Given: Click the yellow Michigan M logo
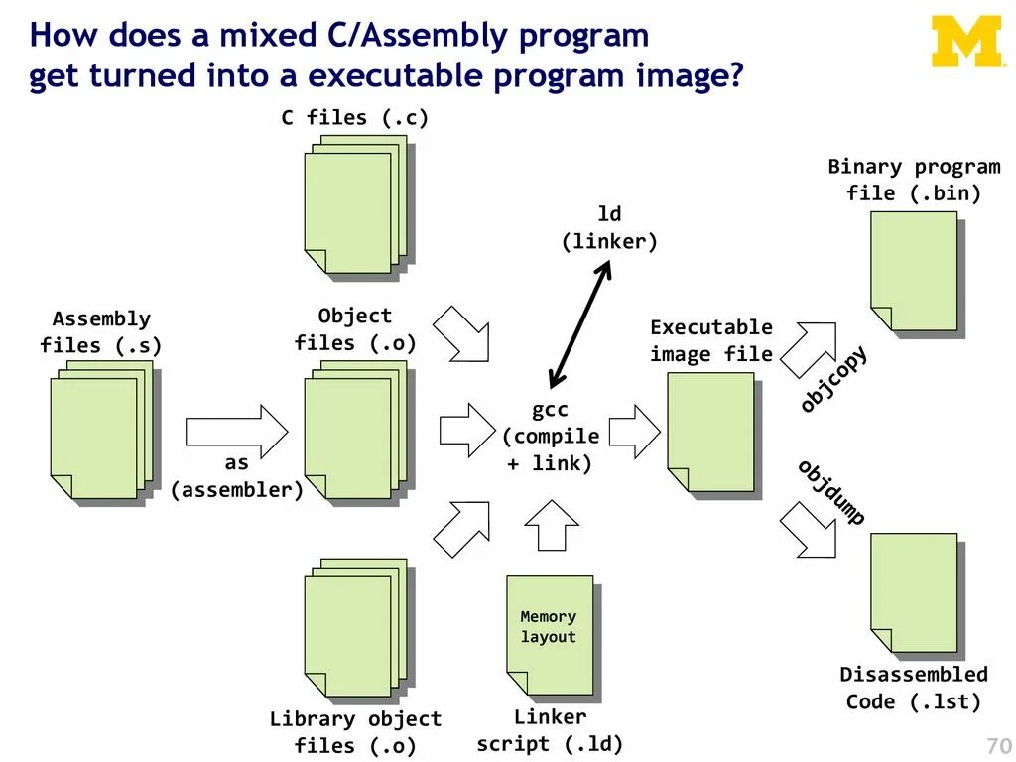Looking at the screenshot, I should point(967,42).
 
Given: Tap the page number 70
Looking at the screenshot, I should point(997,746).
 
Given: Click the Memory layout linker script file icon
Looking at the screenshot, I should point(549,634).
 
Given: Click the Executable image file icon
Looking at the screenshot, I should point(710,433).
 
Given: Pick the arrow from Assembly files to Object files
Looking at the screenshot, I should point(236,431).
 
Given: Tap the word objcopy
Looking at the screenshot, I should point(833,378).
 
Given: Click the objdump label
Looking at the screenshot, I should point(831,493).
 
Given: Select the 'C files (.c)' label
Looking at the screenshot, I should point(354,118).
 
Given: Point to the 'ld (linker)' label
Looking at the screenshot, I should point(609,228).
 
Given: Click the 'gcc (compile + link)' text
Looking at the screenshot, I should point(550,437).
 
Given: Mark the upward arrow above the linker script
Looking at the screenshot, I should point(551,525).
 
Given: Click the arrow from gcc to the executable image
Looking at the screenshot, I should point(634,431).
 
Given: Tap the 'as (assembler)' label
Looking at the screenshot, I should point(237,476).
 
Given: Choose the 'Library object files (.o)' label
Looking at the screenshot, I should point(355,732).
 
